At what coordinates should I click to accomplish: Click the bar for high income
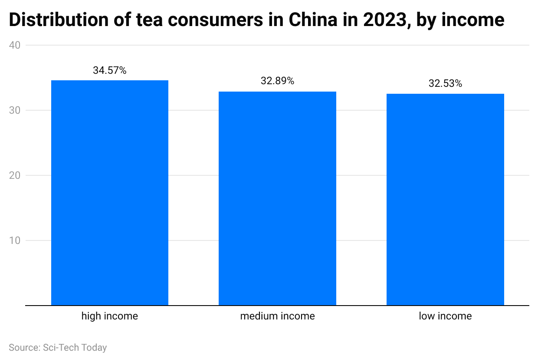click(110, 193)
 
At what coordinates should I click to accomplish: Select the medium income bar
click(277, 198)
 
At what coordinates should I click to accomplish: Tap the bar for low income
click(445, 199)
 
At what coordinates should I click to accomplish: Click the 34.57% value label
click(110, 70)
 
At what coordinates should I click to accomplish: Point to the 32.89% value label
click(277, 81)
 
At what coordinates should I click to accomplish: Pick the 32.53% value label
click(445, 83)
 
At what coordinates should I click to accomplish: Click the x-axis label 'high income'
click(110, 316)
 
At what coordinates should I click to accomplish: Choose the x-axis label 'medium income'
click(277, 316)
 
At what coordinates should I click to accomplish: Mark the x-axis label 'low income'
click(445, 316)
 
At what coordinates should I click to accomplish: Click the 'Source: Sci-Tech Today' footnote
click(58, 348)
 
